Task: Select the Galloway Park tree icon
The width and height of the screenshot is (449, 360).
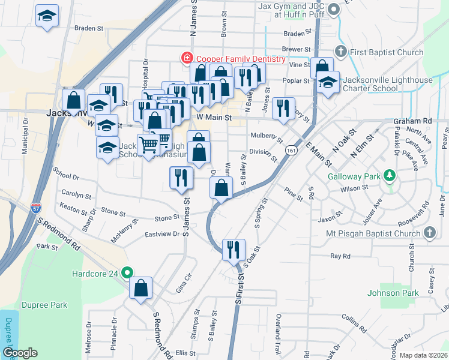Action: click(x=390, y=176)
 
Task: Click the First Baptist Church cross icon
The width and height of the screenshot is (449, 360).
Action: click(x=340, y=52)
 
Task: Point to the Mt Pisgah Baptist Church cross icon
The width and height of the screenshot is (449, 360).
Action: click(x=429, y=232)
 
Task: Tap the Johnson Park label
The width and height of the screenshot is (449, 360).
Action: click(x=392, y=293)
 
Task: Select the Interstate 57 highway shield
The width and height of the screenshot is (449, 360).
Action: click(x=37, y=208)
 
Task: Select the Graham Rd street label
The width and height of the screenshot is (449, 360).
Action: click(x=413, y=121)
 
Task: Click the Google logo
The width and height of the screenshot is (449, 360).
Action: click(x=20, y=353)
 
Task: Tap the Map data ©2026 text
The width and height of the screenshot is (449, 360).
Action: click(x=423, y=355)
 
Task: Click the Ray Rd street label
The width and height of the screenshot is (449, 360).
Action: click(x=340, y=256)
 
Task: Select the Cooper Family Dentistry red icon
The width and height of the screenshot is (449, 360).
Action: click(x=187, y=59)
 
